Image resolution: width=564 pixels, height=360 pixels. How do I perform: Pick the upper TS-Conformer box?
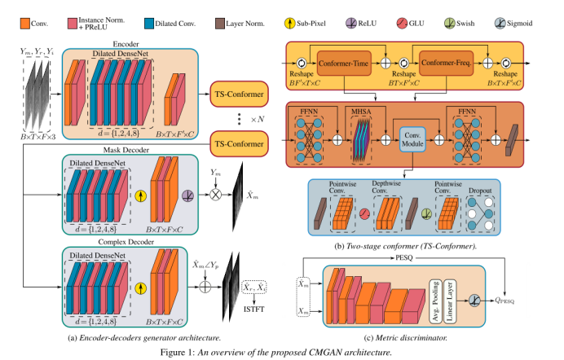pos(240,95)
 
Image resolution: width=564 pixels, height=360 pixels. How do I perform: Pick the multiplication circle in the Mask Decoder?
pos(217,194)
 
